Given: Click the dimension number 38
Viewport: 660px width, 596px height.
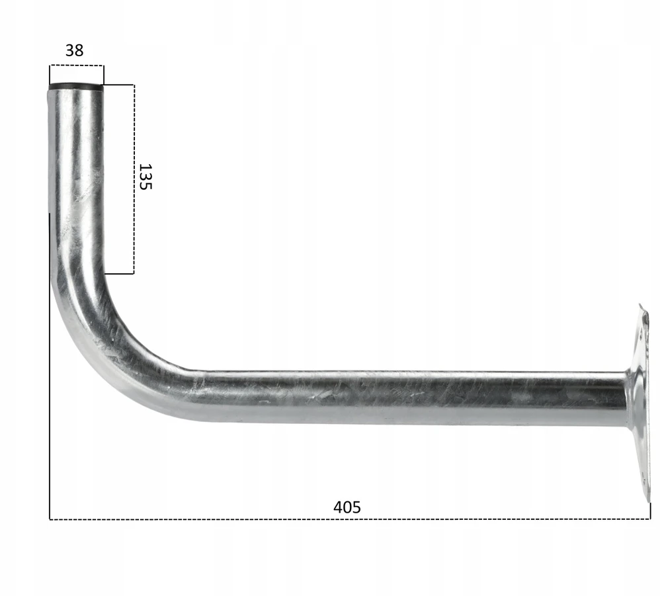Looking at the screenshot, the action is point(75,50).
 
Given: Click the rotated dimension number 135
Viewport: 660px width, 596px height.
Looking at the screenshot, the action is point(145,177).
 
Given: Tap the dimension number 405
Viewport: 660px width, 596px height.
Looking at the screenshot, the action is point(347,507).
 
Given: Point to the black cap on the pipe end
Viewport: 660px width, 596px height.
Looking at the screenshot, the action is point(76,87).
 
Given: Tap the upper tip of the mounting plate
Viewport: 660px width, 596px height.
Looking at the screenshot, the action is point(640,304).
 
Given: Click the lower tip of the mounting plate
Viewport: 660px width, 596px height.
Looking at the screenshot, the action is point(649,501).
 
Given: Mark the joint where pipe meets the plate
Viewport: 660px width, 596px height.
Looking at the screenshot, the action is point(627,399).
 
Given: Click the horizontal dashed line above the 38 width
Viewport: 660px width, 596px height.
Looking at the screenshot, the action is point(76,65).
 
